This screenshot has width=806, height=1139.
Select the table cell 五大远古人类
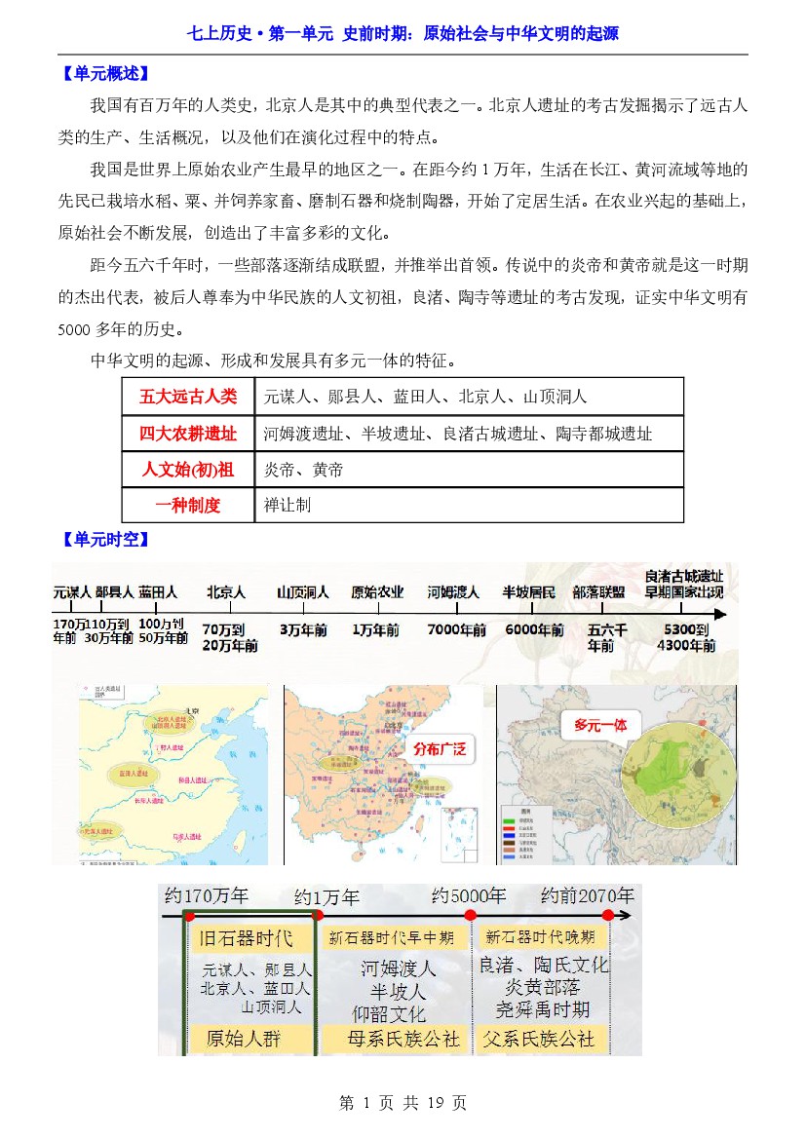click(x=188, y=397)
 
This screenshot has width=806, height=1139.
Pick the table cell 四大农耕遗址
click(x=188, y=434)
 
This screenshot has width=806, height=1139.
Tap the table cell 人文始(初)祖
click(x=188, y=470)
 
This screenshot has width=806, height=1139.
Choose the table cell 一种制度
click(x=188, y=506)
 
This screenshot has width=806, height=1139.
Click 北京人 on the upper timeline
click(x=225, y=591)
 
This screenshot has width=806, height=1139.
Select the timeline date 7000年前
click(x=456, y=630)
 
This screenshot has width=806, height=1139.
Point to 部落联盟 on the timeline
click(x=598, y=591)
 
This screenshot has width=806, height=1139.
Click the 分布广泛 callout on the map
click(x=441, y=749)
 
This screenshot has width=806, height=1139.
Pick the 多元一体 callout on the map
click(x=600, y=726)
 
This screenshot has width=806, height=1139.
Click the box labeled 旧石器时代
click(x=246, y=939)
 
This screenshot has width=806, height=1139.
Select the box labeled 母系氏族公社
click(x=403, y=1039)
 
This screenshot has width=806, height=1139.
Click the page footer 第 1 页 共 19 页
click(x=403, y=1103)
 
